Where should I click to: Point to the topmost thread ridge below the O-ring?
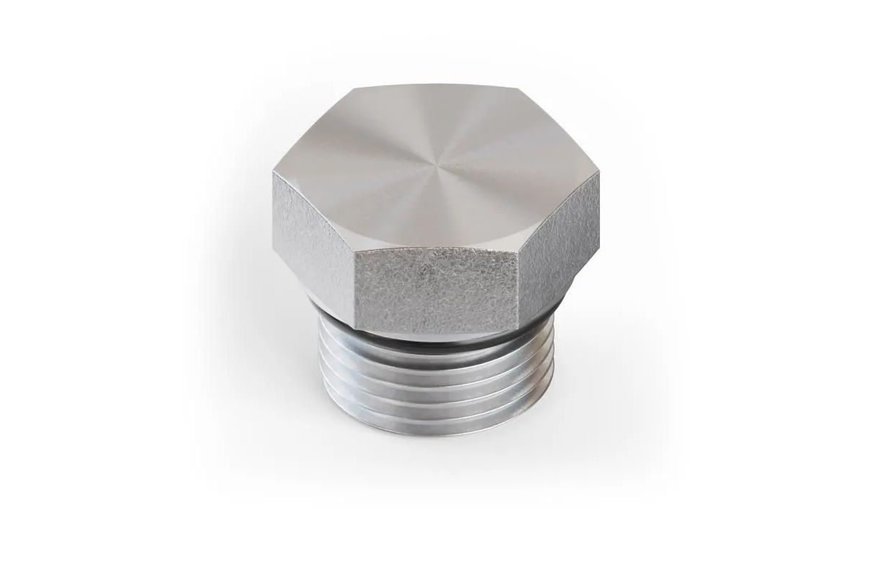(x=433, y=351)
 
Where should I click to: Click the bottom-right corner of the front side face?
(x=518, y=325)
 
